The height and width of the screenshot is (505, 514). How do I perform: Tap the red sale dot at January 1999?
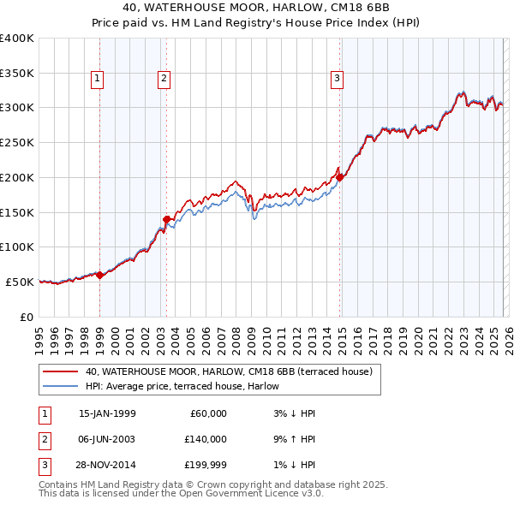click(99, 275)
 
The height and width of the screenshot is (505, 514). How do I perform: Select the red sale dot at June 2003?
click(166, 219)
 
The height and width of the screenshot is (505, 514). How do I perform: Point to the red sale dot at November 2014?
click(340, 177)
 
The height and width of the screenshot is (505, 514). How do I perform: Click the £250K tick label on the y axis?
click(16, 142)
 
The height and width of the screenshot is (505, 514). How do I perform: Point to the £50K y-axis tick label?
click(19, 282)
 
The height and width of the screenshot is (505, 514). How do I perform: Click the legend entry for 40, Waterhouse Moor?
click(228, 371)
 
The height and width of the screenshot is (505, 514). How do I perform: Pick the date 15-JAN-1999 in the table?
click(107, 413)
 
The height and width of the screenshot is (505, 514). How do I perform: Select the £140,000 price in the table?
click(205, 438)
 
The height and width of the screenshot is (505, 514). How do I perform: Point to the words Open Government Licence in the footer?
click(257, 493)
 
